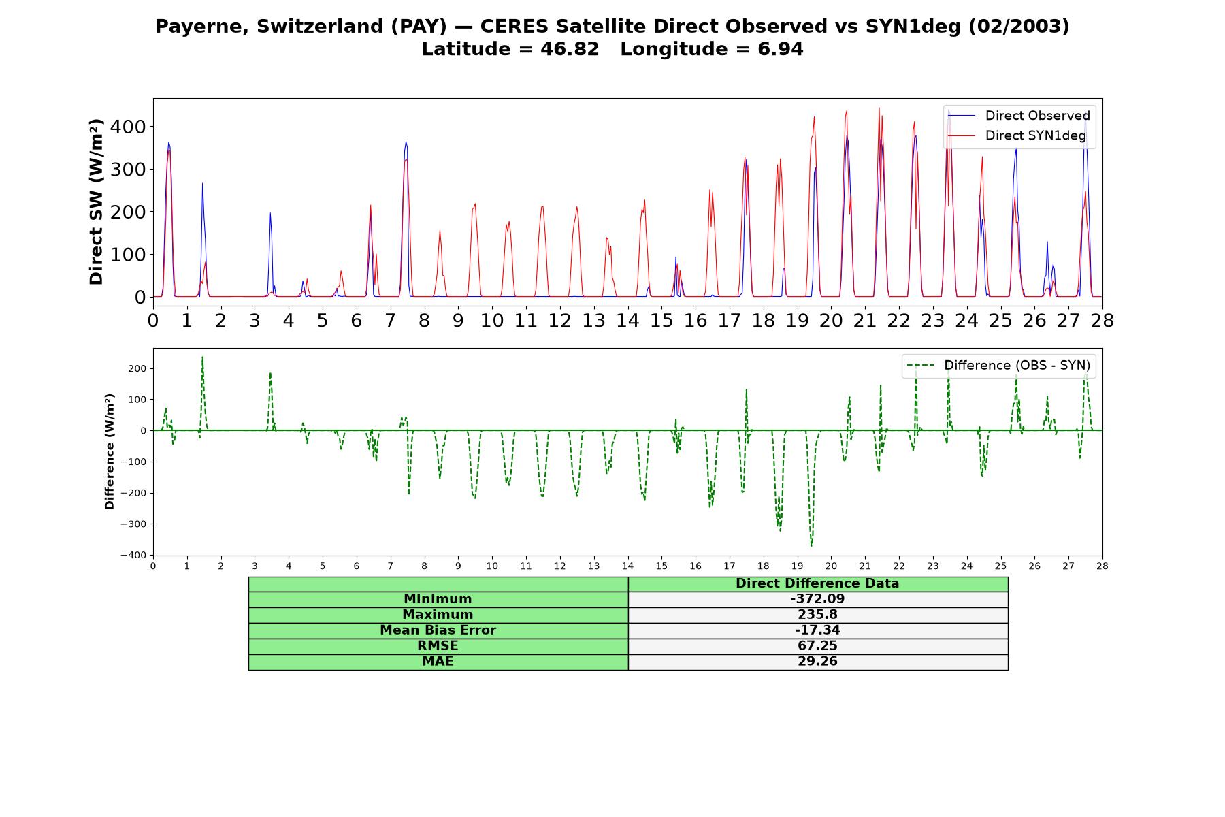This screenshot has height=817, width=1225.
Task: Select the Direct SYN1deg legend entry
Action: (1017, 135)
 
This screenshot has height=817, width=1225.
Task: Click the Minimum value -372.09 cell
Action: (817, 599)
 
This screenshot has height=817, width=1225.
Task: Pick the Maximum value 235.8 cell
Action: (817, 615)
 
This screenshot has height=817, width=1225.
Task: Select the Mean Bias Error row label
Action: (438, 630)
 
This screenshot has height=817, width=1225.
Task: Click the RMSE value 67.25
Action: (817, 646)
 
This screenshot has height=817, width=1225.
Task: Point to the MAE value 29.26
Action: (817, 662)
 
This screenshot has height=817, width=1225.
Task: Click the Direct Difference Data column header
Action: (817, 583)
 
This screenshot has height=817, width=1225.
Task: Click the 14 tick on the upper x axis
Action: (627, 320)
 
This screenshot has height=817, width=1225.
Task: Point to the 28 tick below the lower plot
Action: (1102, 566)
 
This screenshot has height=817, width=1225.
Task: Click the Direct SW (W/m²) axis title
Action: (96, 202)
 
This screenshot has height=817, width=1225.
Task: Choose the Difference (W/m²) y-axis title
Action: (110, 451)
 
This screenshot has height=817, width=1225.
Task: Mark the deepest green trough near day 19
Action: (811, 545)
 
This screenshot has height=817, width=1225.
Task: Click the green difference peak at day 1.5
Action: (202, 357)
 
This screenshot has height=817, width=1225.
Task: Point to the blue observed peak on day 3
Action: (270, 213)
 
